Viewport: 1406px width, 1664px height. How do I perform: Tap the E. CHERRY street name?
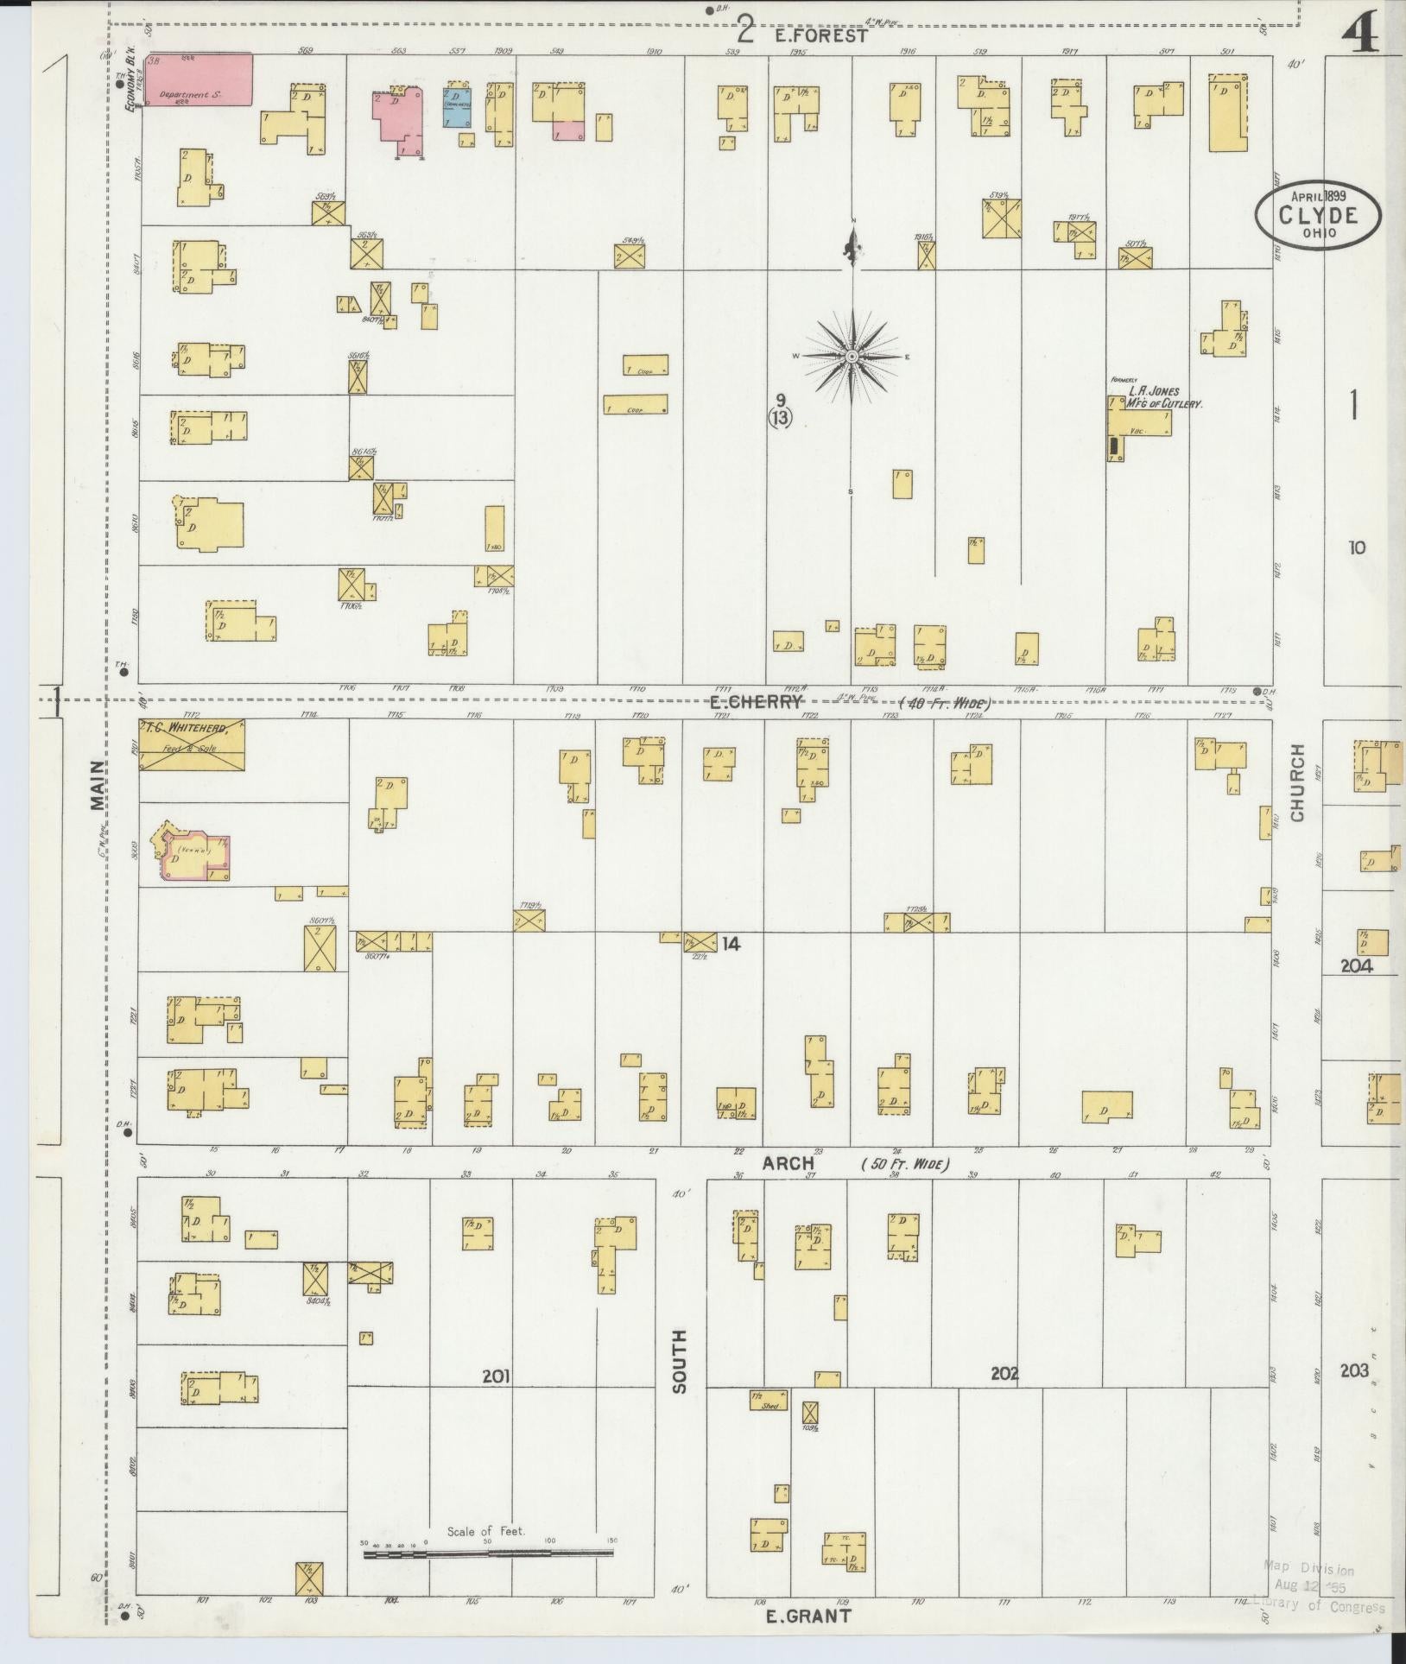click(756, 700)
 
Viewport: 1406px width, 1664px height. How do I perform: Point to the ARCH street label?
click(788, 1164)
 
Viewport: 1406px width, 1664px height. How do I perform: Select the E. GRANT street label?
click(807, 1616)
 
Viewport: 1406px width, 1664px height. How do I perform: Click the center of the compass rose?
click(852, 357)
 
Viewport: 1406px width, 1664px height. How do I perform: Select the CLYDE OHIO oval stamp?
click(1318, 216)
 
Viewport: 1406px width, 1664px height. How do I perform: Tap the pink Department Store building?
click(199, 79)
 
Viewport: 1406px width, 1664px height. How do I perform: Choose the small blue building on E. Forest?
click(456, 105)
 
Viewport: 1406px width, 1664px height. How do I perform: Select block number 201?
click(496, 1376)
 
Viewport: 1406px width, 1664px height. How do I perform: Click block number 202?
click(1004, 1373)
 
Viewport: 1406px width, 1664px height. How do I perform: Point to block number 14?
click(731, 944)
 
